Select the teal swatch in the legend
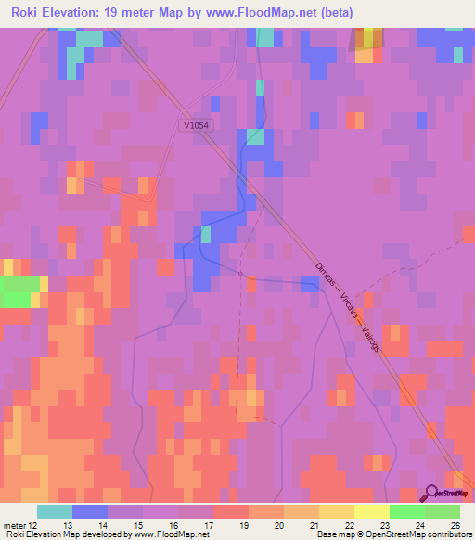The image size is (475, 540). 55,511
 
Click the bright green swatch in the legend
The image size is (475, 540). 407,511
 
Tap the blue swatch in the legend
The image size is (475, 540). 90,511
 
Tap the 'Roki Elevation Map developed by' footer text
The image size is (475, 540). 65,534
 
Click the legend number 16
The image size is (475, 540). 173,525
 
